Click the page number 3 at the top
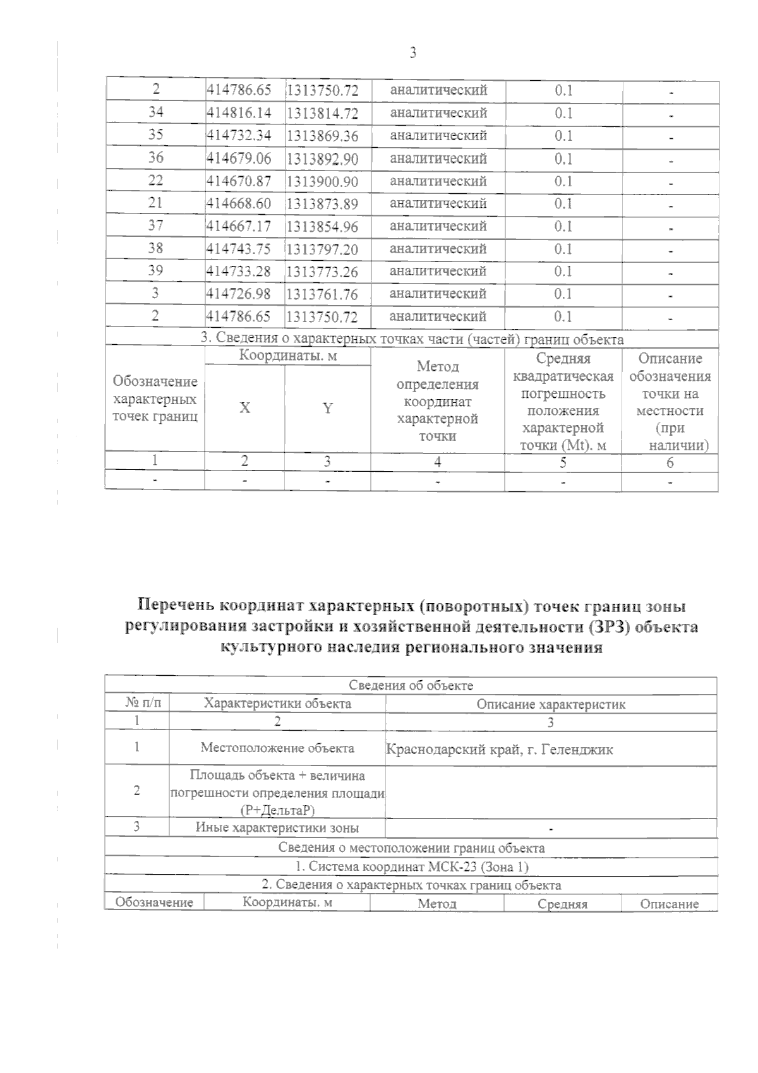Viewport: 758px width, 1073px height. (412, 54)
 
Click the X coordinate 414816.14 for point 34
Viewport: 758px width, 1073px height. (239, 113)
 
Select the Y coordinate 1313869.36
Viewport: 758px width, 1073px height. (322, 136)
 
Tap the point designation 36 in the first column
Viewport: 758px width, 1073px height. (155, 158)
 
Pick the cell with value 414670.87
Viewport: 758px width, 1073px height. (239, 181)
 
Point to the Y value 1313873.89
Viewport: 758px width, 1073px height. (322, 204)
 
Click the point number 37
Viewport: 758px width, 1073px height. (155, 225)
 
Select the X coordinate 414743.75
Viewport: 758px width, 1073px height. (239, 249)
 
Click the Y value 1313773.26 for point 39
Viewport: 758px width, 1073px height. (322, 272)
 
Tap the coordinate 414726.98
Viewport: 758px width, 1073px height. (239, 294)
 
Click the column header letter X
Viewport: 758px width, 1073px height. (244, 408)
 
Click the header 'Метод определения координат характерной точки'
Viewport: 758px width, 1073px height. (438, 401)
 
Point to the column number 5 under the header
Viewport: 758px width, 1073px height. (563, 462)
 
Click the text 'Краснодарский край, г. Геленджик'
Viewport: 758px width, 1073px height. (500, 750)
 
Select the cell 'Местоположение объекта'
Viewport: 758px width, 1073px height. (277, 748)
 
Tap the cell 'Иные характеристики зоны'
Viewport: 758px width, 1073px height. (277, 828)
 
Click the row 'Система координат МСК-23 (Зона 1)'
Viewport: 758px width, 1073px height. (411, 866)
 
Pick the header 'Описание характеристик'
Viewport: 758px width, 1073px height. (551, 704)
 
